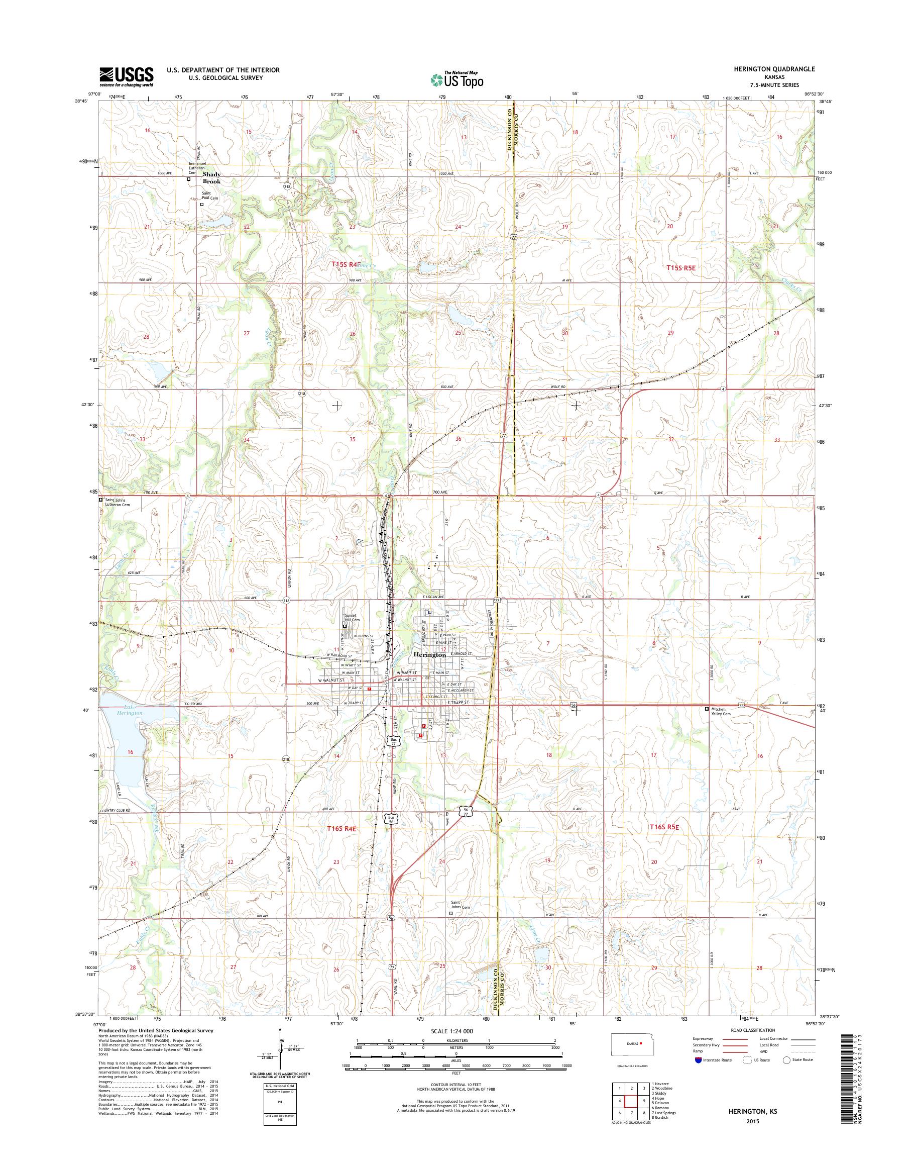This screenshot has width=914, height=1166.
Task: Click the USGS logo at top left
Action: coord(126,77)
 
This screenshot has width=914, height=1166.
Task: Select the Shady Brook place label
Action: coord(211,178)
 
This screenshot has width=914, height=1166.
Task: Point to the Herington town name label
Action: coord(430,654)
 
